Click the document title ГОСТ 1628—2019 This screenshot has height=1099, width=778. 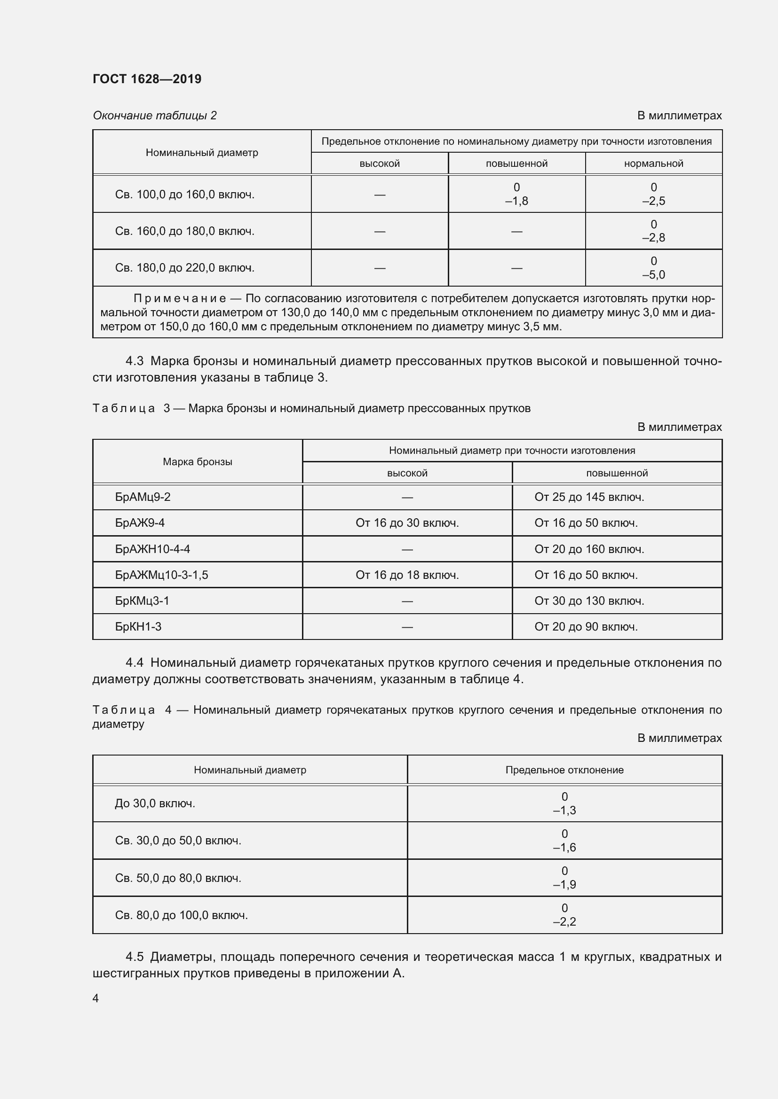coord(147,79)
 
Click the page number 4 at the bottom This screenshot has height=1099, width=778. coord(96,998)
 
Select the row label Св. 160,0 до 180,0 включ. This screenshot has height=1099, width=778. coord(184,231)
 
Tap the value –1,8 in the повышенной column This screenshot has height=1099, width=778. coord(516,201)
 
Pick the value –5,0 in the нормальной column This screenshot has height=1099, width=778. coord(653,275)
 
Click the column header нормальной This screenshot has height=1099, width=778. coord(653,164)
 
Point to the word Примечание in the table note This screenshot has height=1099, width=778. coord(180,299)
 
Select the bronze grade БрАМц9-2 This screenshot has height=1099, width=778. coord(143,497)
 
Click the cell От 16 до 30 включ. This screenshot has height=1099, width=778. coord(407,522)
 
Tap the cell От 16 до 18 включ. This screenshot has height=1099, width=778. coord(407,575)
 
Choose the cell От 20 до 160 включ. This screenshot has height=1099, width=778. coord(589,549)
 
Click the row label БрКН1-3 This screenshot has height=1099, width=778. coord(138,627)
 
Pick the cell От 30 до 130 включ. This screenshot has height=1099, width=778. coord(589,601)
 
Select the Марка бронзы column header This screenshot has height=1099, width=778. coord(198,462)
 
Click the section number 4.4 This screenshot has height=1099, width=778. coord(135,663)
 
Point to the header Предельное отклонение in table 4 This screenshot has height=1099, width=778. coord(564,770)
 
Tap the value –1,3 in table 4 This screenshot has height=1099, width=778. coord(564,811)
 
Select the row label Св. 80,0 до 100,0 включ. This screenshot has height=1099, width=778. coord(181,915)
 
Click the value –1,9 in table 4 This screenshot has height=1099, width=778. coord(564,885)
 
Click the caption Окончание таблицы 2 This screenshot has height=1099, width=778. coord(155,116)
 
